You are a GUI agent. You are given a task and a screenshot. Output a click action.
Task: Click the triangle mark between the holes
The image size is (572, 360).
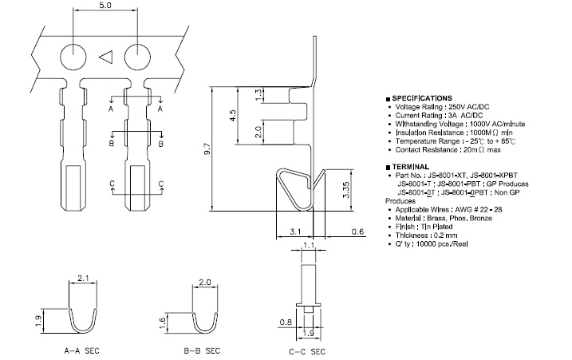[x=105, y=57]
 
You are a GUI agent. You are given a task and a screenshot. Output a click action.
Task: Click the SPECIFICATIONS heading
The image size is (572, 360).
[x=423, y=97]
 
